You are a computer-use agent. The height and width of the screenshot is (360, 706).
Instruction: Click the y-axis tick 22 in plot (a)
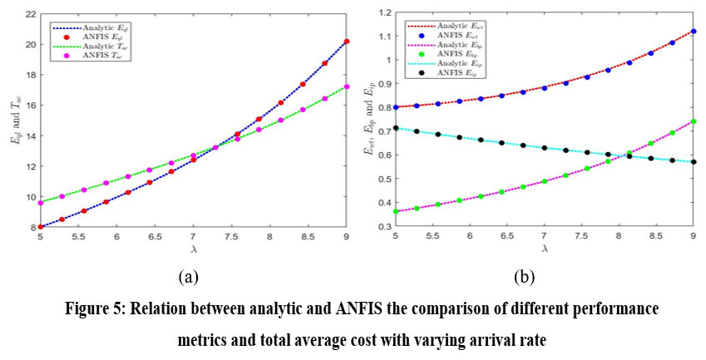pyautogui.click(x=27, y=14)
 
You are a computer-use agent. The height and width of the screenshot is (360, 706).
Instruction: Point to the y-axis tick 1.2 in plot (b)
pyautogui.click(x=383, y=13)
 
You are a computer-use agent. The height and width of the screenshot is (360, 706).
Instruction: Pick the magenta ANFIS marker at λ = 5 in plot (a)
pyautogui.click(x=40, y=203)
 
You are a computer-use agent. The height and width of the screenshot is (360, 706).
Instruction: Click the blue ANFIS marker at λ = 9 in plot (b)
pyautogui.click(x=694, y=31)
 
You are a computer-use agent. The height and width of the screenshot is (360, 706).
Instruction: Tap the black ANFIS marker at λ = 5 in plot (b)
pyautogui.click(x=396, y=128)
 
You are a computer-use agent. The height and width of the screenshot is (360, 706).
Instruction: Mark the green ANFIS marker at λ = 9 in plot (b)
pyautogui.click(x=694, y=121)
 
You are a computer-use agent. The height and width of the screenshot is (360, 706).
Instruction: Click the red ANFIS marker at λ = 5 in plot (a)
pyautogui.click(x=40, y=226)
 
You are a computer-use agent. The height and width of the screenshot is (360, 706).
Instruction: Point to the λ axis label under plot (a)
pyautogui.click(x=193, y=249)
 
